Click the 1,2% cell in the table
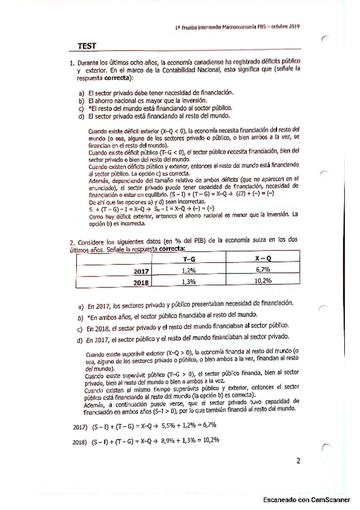coord(188,271)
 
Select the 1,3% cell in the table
coord(188,281)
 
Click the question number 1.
coord(72,63)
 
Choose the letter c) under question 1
coord(81,108)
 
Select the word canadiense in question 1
coord(189,63)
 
